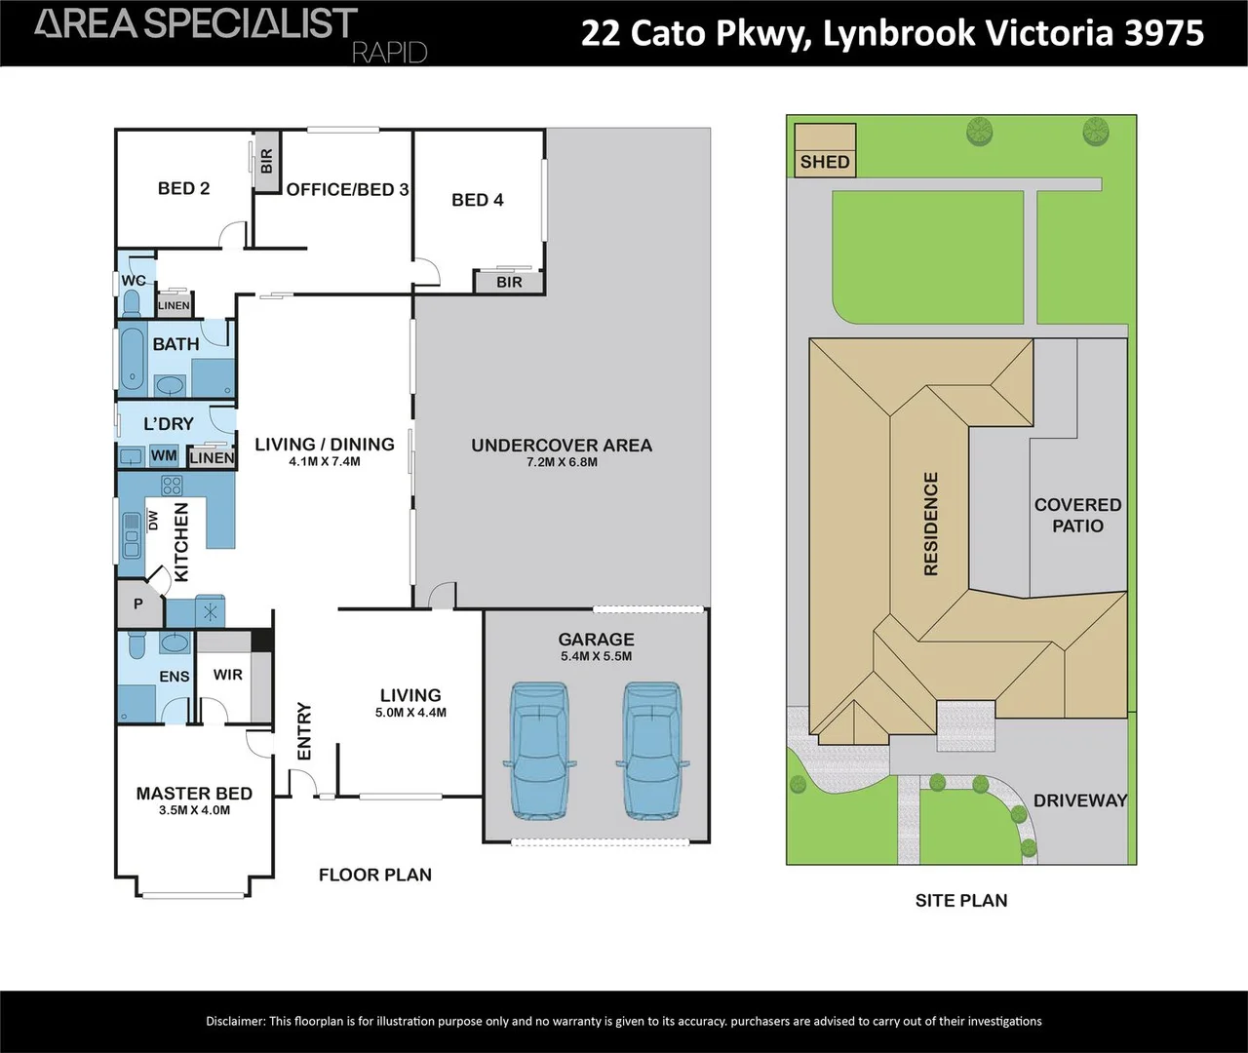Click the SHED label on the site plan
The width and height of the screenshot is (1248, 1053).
click(x=825, y=162)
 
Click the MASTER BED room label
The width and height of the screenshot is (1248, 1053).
click(x=194, y=794)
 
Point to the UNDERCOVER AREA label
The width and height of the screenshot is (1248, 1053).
click(x=562, y=446)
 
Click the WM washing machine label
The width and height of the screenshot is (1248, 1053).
click(x=164, y=456)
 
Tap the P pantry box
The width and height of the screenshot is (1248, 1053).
click(x=138, y=604)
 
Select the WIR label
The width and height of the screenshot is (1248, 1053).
click(x=227, y=675)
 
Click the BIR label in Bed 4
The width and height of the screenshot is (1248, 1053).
click(x=509, y=283)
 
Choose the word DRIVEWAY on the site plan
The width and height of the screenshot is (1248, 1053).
click(x=1080, y=800)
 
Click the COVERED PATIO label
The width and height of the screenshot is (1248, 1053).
click(x=1077, y=515)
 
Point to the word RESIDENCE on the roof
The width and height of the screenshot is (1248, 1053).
click(x=931, y=524)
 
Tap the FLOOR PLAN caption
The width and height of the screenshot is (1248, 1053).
click(x=375, y=876)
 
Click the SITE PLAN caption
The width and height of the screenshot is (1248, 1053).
click(x=961, y=901)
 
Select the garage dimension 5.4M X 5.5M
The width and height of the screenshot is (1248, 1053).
click(x=596, y=656)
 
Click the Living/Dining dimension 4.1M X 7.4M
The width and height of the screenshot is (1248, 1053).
click(x=325, y=461)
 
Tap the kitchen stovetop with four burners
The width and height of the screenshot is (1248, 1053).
click(x=172, y=485)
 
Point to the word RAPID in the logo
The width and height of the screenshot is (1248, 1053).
click(x=389, y=53)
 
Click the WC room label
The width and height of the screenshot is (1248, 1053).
click(x=134, y=281)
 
